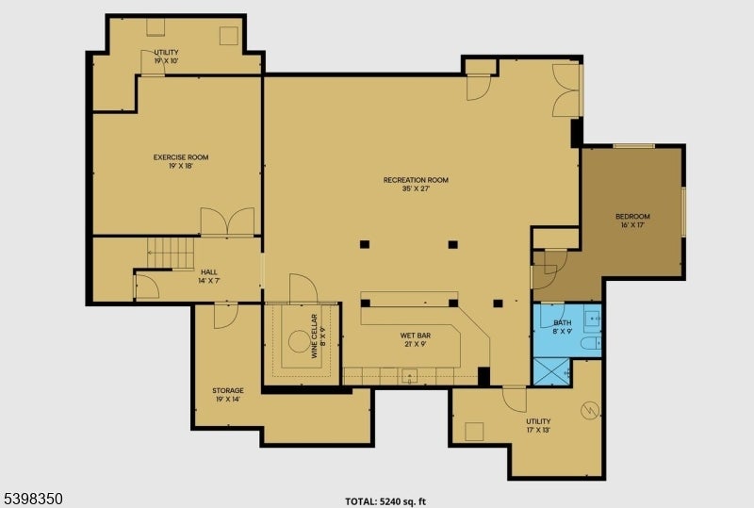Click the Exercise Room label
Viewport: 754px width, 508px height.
(181, 157)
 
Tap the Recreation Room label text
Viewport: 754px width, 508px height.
(415, 180)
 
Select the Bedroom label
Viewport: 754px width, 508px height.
(632, 216)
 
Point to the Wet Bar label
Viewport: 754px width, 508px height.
(415, 334)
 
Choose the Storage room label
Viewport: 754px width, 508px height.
(227, 390)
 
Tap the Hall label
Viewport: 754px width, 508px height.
(208, 272)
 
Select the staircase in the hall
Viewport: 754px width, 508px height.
(170, 253)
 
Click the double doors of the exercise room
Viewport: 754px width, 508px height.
(227, 222)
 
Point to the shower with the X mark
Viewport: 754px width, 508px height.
(552, 370)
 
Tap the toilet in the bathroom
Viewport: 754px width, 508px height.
(590, 344)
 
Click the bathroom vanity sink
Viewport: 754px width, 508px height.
(592, 320)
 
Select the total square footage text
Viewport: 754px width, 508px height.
(391, 501)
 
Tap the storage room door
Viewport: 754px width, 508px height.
(225, 316)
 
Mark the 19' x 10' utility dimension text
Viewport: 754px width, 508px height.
(166, 60)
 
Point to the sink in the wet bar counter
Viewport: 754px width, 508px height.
(408, 376)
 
